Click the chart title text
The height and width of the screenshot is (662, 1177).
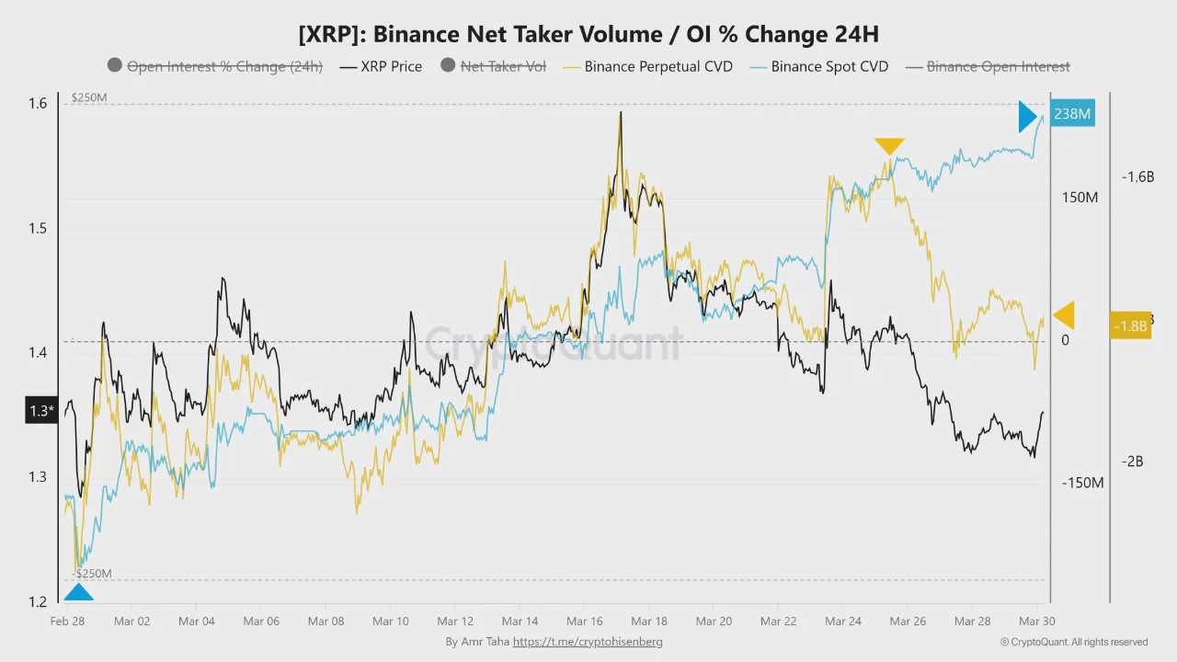click(588, 34)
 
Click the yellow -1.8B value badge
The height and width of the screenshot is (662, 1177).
click(1130, 325)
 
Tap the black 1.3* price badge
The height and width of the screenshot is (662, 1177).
click(40, 410)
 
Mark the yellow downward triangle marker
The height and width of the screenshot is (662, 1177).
click(889, 145)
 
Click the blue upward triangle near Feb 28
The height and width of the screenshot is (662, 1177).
click(78, 593)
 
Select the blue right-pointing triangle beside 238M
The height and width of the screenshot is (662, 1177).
click(1028, 117)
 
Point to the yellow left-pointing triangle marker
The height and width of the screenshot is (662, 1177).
click(1064, 315)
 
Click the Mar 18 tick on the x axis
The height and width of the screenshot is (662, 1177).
click(648, 621)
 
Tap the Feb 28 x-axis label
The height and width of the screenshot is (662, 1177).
click(67, 621)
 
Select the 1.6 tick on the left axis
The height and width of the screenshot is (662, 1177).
click(37, 103)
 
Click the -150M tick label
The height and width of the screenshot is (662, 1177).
click(1082, 483)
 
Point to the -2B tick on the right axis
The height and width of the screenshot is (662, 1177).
click(1131, 462)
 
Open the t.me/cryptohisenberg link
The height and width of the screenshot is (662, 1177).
click(588, 642)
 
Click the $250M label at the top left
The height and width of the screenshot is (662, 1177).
click(89, 97)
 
